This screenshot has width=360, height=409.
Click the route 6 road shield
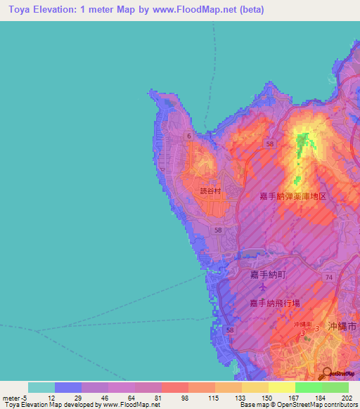[189, 135]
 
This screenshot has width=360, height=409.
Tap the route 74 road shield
[328, 279]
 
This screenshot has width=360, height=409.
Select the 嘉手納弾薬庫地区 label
[293, 196]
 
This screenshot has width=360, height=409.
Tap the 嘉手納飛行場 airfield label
[274, 303]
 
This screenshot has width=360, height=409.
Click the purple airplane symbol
[263, 287]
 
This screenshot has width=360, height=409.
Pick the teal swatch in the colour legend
[41, 387]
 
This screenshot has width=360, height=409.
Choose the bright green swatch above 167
[308, 387]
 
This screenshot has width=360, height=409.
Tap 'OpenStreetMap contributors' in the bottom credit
[315, 405]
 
